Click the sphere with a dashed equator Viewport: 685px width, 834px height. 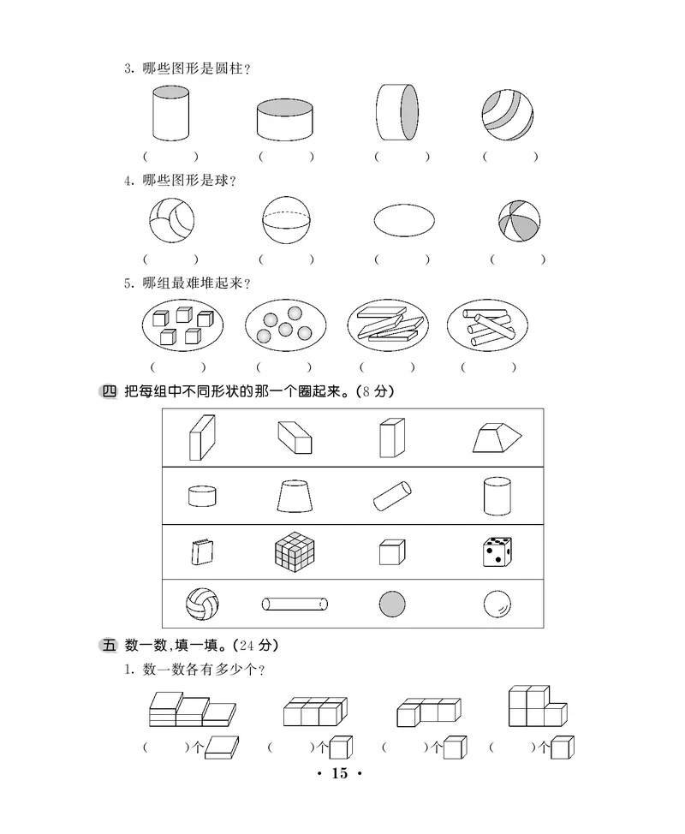285,220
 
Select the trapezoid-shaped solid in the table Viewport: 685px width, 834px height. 497,438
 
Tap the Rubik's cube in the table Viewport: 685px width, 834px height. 295,551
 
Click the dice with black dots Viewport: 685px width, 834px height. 497,552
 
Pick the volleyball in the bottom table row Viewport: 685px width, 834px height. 202,605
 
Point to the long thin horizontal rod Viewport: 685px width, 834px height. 295,605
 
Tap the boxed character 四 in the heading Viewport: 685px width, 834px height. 109,392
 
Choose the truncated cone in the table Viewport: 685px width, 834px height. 295,496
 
